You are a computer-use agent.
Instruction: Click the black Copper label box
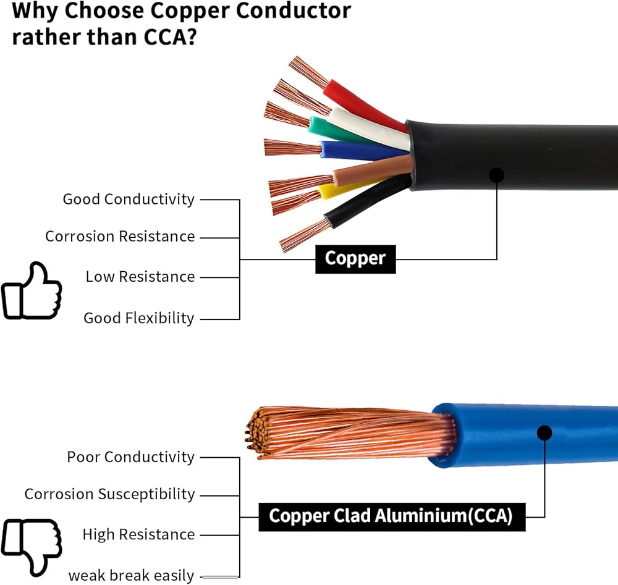355,259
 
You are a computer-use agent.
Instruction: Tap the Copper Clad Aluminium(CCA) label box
392,517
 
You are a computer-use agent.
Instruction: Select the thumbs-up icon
32,291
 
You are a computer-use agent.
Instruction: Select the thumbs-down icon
32,547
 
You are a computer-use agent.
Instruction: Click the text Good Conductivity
129,200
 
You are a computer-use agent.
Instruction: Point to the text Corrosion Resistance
120,237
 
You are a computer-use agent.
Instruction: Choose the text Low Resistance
140,277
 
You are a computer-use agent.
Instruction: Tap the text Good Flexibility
138,318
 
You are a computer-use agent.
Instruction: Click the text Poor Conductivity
131,457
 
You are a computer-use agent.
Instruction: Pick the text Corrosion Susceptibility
109,494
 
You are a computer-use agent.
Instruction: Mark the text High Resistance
138,534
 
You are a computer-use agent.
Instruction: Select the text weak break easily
131,576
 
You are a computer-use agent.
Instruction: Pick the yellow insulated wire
347,190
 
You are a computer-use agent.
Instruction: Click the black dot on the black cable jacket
497,175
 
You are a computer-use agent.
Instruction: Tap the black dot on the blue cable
544,432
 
